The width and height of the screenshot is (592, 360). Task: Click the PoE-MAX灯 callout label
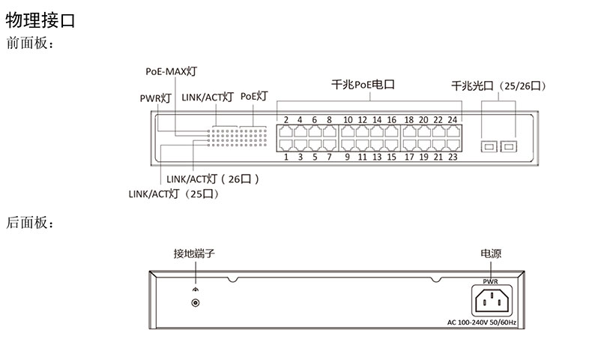171,72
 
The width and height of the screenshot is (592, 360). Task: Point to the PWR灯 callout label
156,97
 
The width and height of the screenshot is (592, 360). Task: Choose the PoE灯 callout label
254,96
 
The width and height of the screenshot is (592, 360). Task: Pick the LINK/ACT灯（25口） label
173,193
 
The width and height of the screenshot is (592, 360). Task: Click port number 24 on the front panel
453,119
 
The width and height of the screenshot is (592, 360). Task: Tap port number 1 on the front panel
286,157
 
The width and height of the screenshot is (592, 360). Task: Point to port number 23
453,157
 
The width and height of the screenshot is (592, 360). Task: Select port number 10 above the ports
348,119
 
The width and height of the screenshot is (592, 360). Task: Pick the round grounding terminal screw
196,304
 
